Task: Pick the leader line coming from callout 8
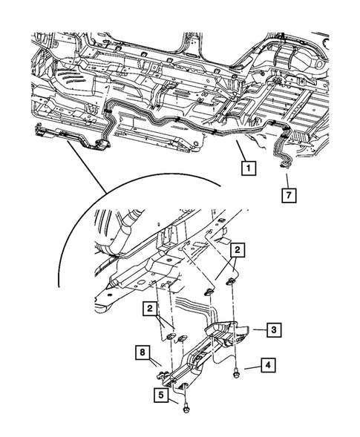[x=156, y=360]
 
